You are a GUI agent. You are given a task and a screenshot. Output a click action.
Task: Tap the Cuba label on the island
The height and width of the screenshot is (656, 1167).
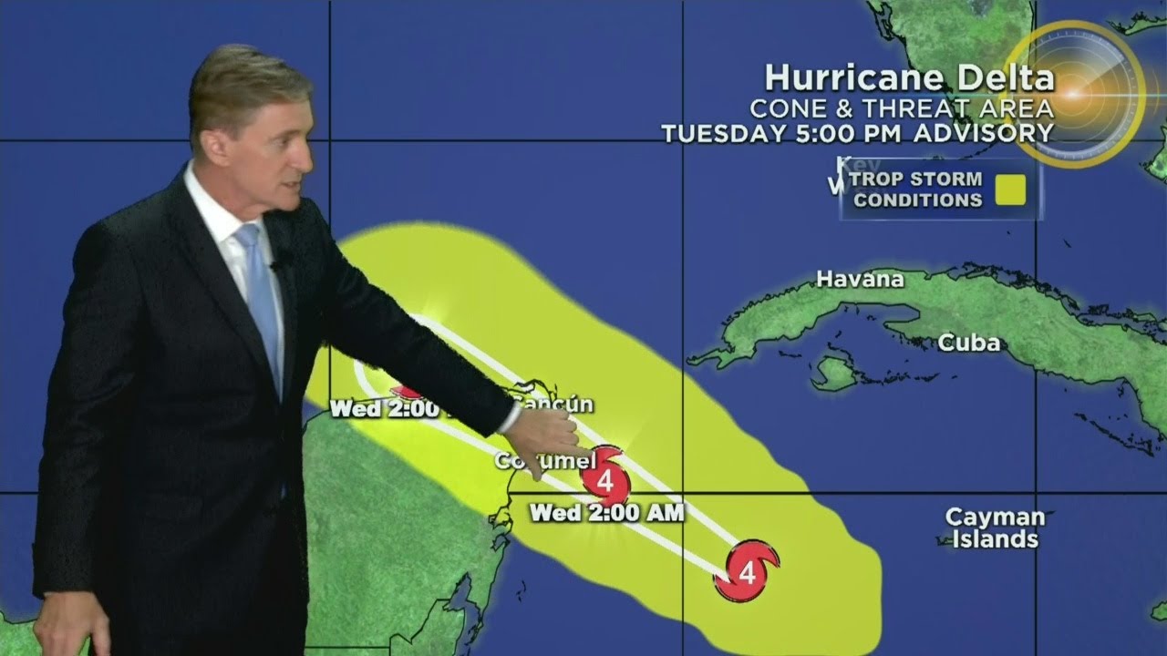pyautogui.click(x=969, y=343)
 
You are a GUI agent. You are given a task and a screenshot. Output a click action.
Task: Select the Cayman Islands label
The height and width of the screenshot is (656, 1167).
pyautogui.click(x=994, y=528)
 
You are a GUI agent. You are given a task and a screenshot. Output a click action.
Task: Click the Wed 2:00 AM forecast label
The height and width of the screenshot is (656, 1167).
pyautogui.click(x=606, y=513)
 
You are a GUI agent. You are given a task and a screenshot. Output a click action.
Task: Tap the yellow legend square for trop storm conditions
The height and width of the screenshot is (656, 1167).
pyautogui.click(x=1009, y=190)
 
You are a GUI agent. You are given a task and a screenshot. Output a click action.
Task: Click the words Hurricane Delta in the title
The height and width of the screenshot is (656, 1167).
pyautogui.click(x=909, y=78)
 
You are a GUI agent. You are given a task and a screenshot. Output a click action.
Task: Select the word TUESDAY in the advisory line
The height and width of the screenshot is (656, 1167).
pyautogui.click(x=720, y=133)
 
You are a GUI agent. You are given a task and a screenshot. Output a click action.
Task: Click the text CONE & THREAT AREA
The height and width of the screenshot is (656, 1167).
pyautogui.click(x=901, y=108)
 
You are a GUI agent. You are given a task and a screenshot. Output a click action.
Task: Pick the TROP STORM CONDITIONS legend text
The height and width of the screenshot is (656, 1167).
pyautogui.click(x=915, y=190)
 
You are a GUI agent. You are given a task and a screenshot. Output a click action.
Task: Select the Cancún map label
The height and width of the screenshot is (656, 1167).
pyautogui.click(x=552, y=404)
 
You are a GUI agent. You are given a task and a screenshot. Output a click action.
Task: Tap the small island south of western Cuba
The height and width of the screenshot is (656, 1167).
pyautogui.click(x=833, y=373)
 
